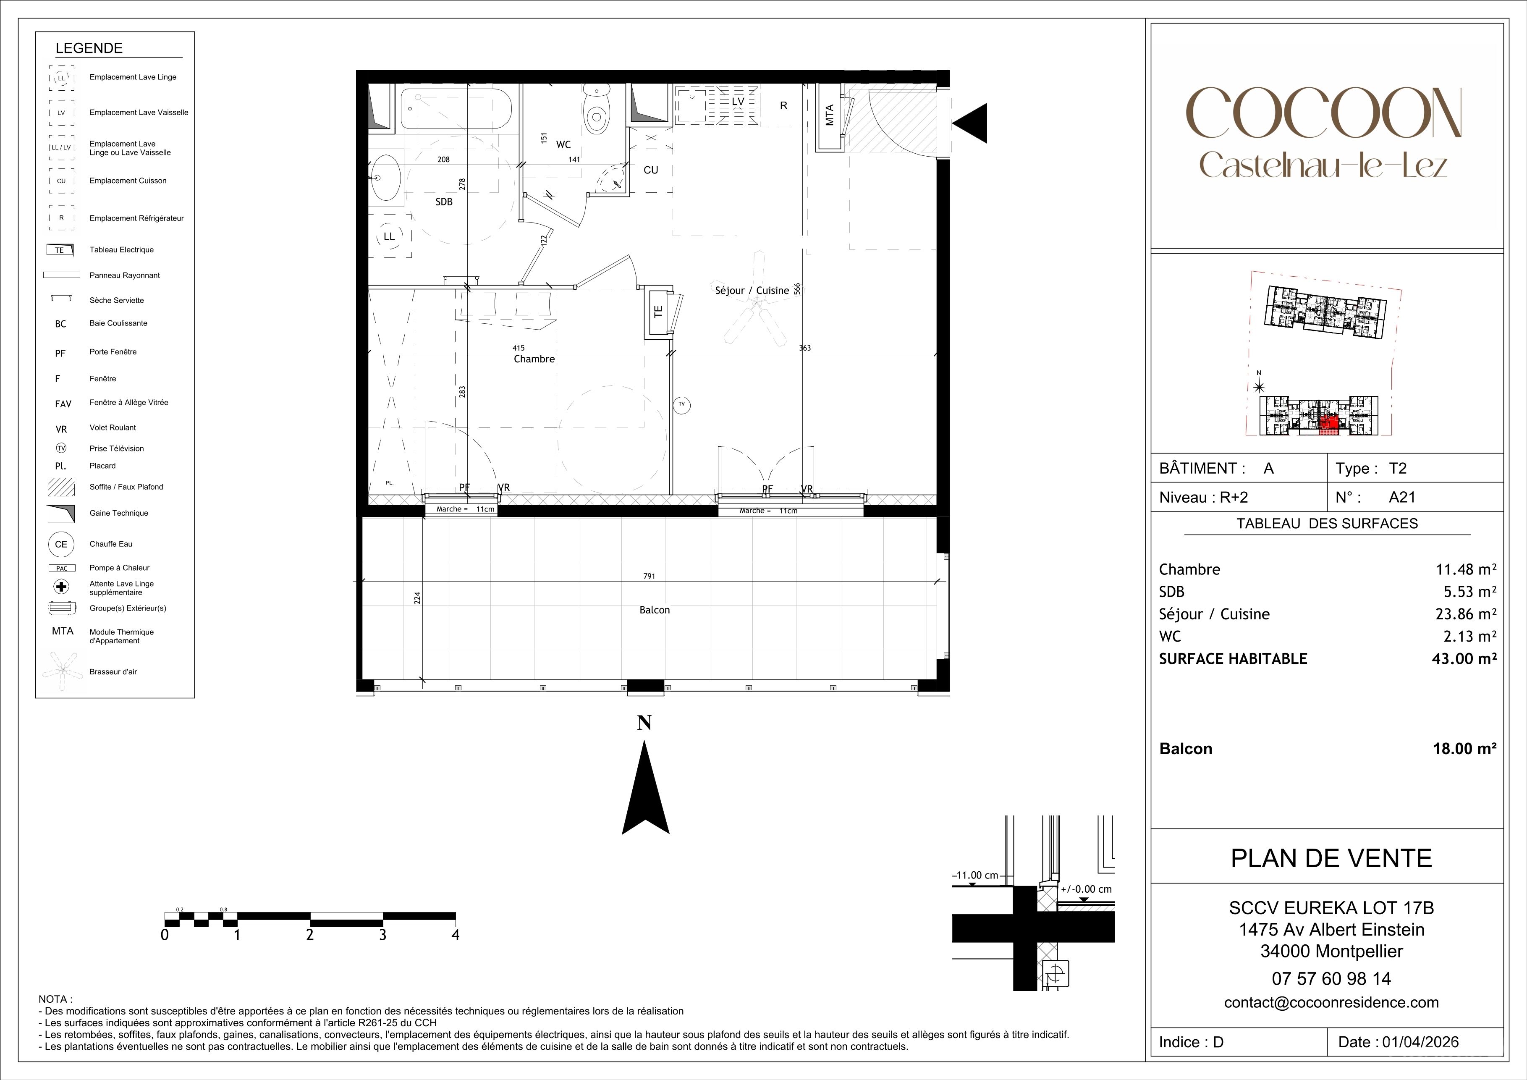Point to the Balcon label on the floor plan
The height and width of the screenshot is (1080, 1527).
click(x=655, y=610)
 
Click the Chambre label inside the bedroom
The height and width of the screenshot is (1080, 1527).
click(x=534, y=359)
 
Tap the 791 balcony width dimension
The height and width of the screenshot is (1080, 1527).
click(x=649, y=576)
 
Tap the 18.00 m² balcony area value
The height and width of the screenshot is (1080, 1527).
click(x=1464, y=748)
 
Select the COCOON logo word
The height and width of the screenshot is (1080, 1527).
click(x=1323, y=114)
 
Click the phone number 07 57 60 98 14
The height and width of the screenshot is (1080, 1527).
click(x=1331, y=978)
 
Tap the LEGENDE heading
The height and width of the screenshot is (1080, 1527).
click(x=89, y=48)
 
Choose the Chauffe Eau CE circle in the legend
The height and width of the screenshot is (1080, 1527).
click(x=61, y=544)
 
